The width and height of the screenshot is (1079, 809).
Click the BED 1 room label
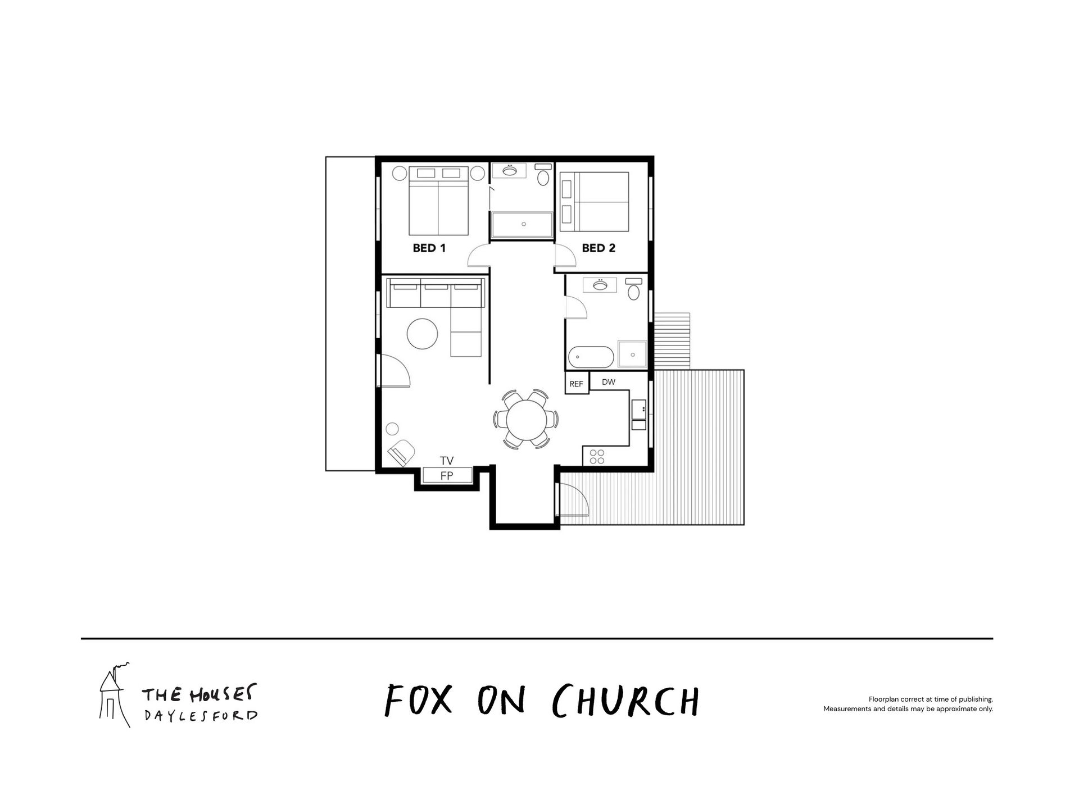coord(429,248)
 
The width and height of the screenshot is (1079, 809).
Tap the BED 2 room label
coord(599,248)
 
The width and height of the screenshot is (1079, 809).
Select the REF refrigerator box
coord(577,383)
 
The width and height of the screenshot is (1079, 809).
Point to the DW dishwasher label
coord(609,382)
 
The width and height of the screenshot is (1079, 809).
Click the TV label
coord(447,461)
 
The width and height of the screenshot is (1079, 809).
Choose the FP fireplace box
coord(447,475)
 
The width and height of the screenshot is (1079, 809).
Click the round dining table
coord(526,419)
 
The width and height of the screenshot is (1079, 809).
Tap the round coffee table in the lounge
coord(422,334)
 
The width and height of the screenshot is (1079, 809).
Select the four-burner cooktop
coord(597,457)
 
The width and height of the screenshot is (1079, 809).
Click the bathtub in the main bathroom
coord(591,356)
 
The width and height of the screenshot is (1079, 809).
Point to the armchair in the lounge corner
coord(402,452)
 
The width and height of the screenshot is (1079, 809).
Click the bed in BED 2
coord(595,202)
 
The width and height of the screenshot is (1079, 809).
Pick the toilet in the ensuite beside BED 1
coord(543,175)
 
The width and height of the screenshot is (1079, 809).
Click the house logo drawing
coord(115,695)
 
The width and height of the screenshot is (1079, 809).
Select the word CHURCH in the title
coord(626,701)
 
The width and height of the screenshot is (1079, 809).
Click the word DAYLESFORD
coord(201,716)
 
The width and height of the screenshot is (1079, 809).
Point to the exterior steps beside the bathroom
coord(673,341)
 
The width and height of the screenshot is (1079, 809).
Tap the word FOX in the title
coord(419,701)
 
